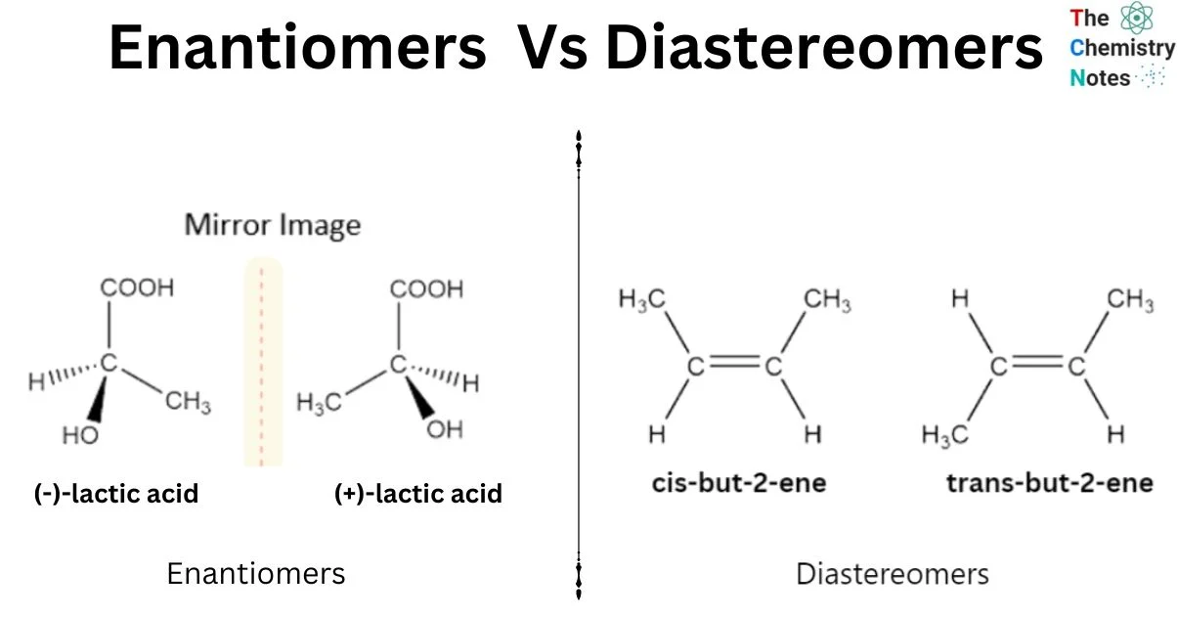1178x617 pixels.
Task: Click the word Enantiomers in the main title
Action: coord(297,47)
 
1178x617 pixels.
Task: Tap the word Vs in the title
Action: coord(552,47)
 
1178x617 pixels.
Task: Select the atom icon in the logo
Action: coord(1137,18)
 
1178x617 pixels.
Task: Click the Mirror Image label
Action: coord(273,225)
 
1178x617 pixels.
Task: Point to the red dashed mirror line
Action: coord(261,367)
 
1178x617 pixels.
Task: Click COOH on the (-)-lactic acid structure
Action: coord(137,287)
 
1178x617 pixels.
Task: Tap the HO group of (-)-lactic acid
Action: coord(80,435)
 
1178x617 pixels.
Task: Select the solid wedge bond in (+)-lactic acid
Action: coord(419,397)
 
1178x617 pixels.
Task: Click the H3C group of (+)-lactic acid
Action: coord(319,404)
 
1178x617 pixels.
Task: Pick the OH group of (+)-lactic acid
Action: coord(445,429)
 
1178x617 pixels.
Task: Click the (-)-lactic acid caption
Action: coord(116,494)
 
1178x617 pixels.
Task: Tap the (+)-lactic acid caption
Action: coord(418,494)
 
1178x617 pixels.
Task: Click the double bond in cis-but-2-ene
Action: coord(735,362)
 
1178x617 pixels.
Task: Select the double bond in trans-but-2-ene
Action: coord(1038,362)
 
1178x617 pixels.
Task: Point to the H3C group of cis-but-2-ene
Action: coord(642,300)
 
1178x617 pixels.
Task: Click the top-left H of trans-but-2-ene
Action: coord(960,298)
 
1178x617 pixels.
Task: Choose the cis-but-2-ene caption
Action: coord(739,483)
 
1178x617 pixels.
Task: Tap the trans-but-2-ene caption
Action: coord(1050,483)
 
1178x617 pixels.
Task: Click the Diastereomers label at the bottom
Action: coord(893,574)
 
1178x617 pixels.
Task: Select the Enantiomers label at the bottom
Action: coord(256,573)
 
